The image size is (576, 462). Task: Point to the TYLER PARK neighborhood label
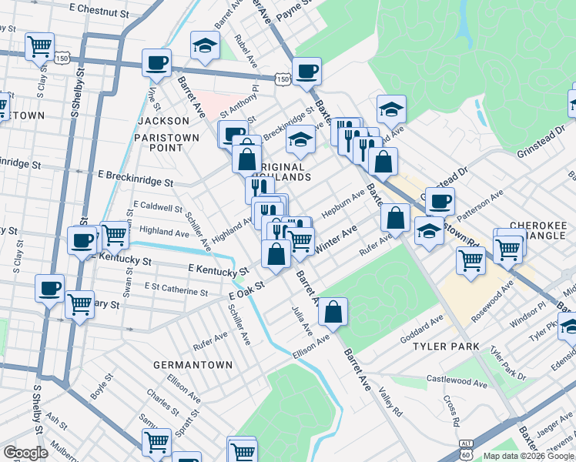tap(447, 347)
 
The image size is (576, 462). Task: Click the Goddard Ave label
tap(421, 330)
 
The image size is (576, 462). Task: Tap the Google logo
tap(25, 453)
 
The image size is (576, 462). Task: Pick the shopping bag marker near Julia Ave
tap(333, 312)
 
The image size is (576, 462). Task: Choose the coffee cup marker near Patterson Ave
tap(440, 202)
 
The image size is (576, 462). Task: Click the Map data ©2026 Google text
tap(528, 456)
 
